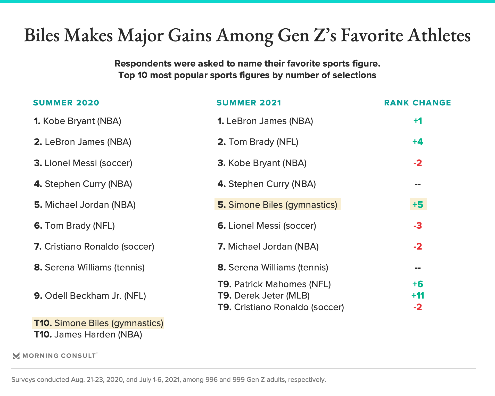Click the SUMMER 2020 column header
(x=66, y=103)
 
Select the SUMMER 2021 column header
(x=249, y=103)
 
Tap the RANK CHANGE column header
(x=417, y=103)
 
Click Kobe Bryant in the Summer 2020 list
(x=78, y=121)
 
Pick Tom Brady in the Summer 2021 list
(x=258, y=142)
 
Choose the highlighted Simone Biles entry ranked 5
(x=277, y=204)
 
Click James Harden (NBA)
(x=88, y=334)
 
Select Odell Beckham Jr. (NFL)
(x=90, y=296)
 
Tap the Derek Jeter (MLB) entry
(x=263, y=295)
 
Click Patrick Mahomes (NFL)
(x=274, y=284)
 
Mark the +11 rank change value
(x=418, y=295)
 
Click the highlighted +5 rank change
(x=418, y=204)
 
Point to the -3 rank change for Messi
(x=418, y=226)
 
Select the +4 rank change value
(x=418, y=142)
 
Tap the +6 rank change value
(x=418, y=284)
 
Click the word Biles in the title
(x=42, y=36)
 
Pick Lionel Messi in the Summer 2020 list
(x=83, y=163)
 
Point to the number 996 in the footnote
(x=211, y=379)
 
